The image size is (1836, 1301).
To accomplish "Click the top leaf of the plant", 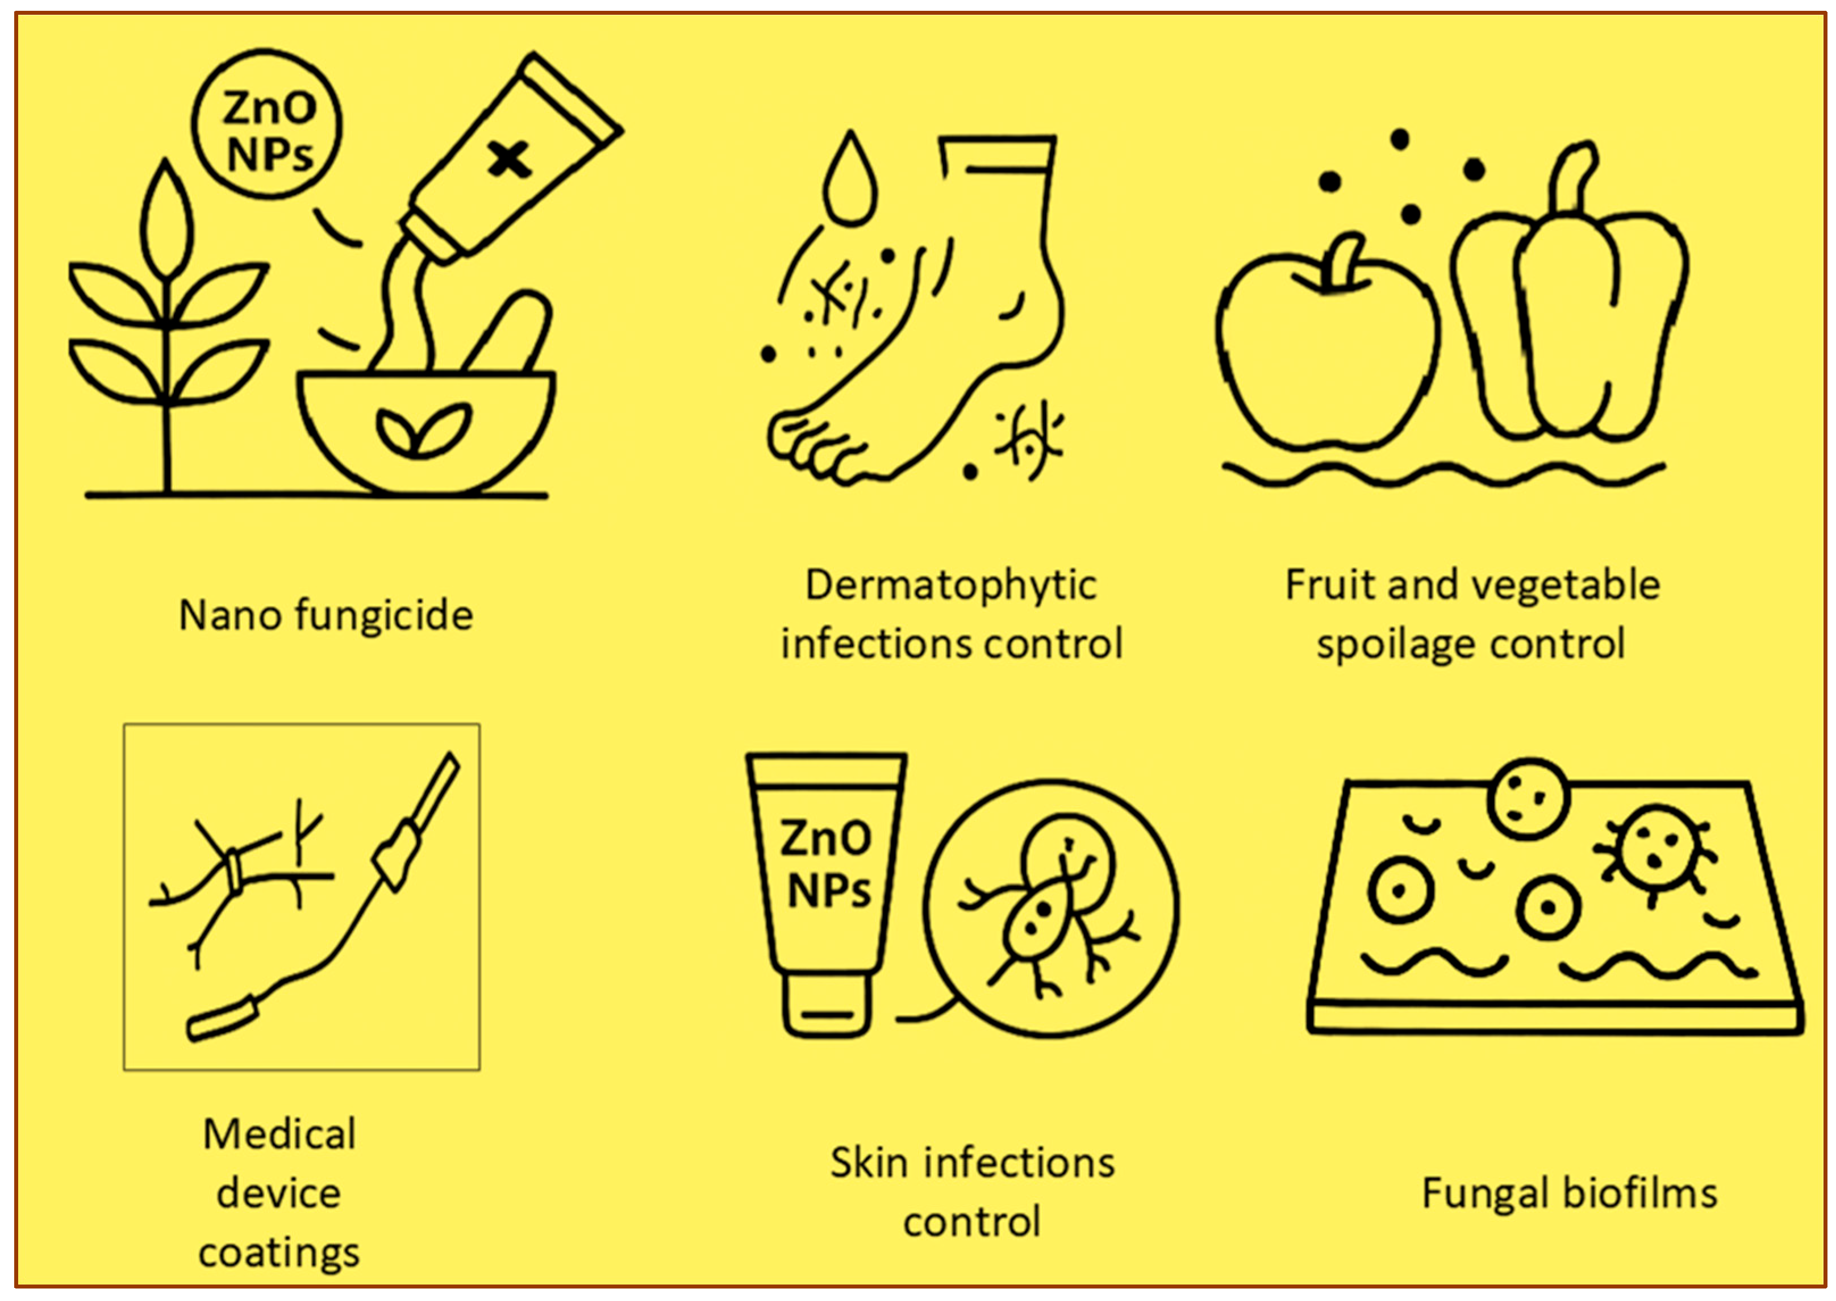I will (x=166, y=220).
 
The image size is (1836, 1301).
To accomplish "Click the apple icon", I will (x=1326, y=352).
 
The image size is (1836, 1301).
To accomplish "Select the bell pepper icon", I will (x=1570, y=320).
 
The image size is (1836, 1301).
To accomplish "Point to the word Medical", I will (x=279, y=1135).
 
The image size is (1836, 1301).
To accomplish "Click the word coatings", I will (x=279, y=1253).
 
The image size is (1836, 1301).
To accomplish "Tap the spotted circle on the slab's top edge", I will (x=1529, y=799).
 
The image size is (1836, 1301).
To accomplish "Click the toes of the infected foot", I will (x=809, y=449).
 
